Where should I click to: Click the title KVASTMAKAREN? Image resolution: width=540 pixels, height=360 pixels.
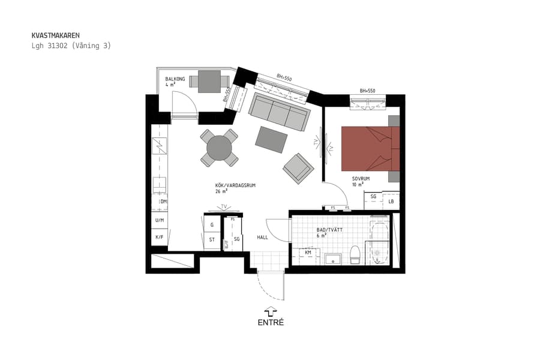(55, 35)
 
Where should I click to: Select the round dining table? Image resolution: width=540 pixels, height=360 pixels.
(219, 148)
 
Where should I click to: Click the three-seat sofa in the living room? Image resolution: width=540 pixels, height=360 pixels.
(280, 112)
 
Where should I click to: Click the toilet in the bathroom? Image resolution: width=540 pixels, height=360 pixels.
(355, 254)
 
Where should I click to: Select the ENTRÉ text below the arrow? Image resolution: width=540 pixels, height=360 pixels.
(270, 322)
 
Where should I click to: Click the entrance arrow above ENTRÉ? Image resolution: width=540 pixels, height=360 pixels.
(270, 311)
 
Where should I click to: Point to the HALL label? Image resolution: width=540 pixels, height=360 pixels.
(262, 238)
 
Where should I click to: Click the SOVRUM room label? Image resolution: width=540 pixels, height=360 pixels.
(360, 179)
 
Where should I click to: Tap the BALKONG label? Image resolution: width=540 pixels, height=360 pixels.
(175, 79)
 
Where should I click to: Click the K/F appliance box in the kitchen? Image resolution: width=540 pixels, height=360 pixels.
(160, 238)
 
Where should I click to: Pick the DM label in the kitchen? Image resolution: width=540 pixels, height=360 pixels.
(163, 202)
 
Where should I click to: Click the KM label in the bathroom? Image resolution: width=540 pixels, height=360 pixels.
(308, 253)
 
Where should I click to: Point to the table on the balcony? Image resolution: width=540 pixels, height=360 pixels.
(209, 81)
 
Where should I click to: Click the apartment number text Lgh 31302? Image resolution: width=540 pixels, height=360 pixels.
(49, 46)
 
